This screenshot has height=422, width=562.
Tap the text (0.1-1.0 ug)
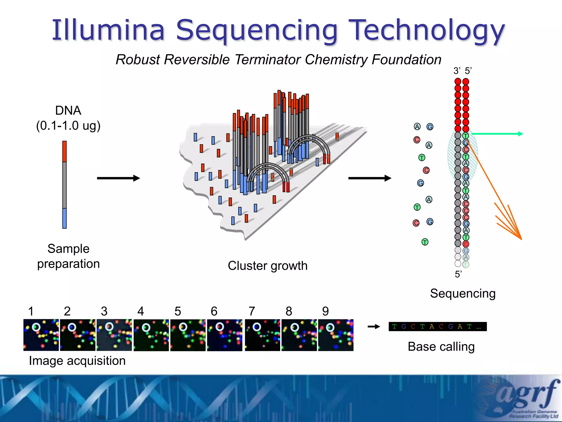point(68,126)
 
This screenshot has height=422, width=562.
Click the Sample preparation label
point(68,256)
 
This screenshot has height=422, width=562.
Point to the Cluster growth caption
point(268,266)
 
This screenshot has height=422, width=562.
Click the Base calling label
point(441,346)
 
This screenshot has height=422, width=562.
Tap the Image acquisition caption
point(77,360)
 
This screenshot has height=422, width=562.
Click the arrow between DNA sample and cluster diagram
point(118,178)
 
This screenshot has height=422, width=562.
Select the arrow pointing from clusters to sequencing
point(369,178)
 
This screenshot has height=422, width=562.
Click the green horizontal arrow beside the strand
point(497,134)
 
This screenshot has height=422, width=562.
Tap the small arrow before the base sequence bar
point(374,327)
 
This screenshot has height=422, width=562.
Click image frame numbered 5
point(188,335)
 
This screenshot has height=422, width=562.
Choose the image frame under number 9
point(336,335)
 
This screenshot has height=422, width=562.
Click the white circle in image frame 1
point(36,327)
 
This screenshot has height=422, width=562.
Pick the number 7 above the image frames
point(252,311)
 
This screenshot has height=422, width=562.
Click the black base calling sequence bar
point(437,327)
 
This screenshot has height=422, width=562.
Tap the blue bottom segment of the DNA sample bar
point(64,218)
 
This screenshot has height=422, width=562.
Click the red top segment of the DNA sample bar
point(64,151)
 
